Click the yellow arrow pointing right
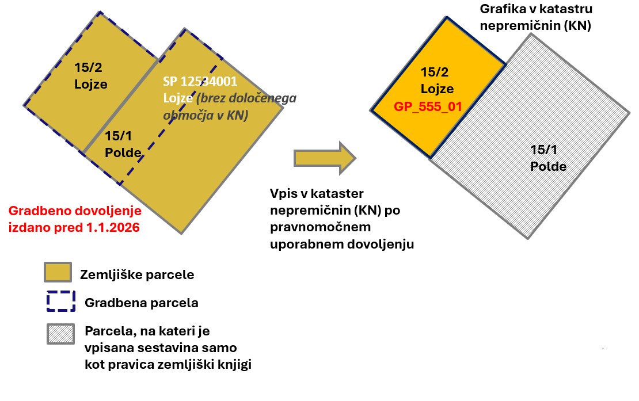(x=325, y=158)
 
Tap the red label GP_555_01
(x=428, y=106)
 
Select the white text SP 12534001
(x=200, y=81)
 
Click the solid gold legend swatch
(x=58, y=272)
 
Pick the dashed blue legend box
(x=61, y=301)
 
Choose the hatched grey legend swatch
(x=60, y=334)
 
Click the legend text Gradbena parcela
(x=142, y=303)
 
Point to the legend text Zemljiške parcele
(x=137, y=275)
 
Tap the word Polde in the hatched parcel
(x=548, y=166)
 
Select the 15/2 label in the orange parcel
(x=435, y=72)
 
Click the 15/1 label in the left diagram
(x=119, y=136)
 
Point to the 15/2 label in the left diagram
(x=88, y=67)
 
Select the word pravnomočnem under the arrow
(x=320, y=227)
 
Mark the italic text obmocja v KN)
(x=206, y=115)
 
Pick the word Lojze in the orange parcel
(x=438, y=89)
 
